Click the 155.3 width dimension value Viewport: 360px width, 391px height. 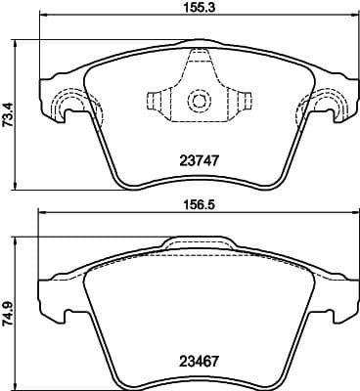198,9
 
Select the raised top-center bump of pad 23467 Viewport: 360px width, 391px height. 199,243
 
